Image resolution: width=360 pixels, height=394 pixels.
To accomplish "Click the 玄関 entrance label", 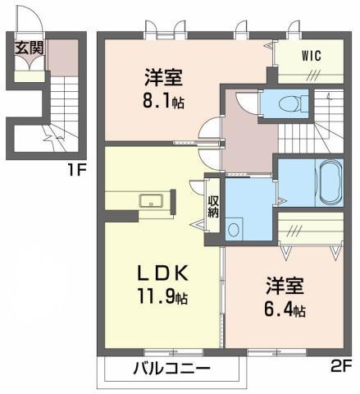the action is pyautogui.click(x=30, y=48).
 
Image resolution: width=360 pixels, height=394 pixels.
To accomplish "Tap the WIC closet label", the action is pyautogui.click(x=312, y=56).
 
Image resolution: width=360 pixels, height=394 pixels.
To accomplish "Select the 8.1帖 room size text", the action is pyautogui.click(x=163, y=101).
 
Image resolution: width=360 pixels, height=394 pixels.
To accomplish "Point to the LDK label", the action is pyautogui.click(x=163, y=273).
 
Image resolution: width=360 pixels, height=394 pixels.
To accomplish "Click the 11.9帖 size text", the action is pyautogui.click(x=163, y=296).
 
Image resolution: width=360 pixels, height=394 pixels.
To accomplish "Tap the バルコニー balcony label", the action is pyautogui.click(x=172, y=369).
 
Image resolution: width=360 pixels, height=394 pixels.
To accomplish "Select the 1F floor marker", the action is pyautogui.click(x=76, y=171).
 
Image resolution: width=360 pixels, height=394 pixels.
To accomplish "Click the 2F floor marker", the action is pyautogui.click(x=341, y=367).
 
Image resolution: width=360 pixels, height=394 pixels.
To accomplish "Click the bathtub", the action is pyautogui.click(x=330, y=183).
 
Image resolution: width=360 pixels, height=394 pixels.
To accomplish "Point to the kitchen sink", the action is pyautogui.click(x=151, y=200).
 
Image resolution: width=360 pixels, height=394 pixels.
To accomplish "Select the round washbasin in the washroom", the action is pyautogui.click(x=233, y=230).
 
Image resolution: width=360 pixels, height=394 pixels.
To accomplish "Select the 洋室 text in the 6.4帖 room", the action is pyautogui.click(x=285, y=286).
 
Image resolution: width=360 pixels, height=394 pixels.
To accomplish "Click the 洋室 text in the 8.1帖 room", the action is pyautogui.click(x=163, y=77).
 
